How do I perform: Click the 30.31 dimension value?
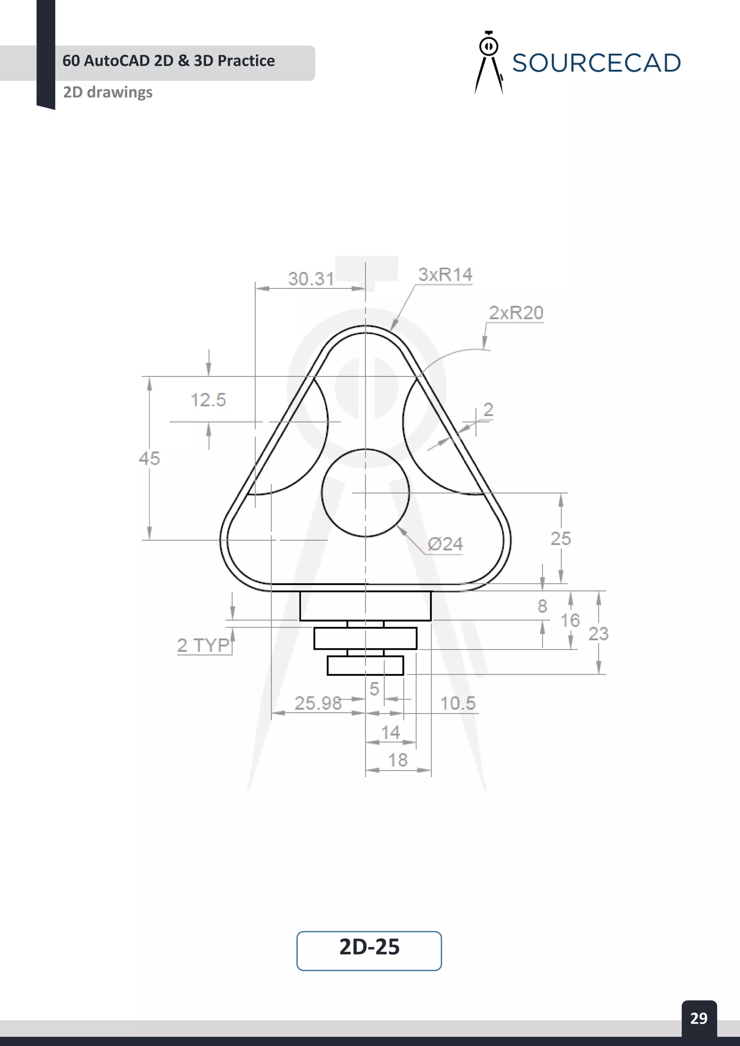point(311,279)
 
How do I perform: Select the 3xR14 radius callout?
point(445,274)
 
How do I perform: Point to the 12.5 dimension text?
point(208,400)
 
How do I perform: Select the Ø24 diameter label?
point(445,544)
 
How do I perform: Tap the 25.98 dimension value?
point(318,703)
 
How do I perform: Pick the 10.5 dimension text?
point(457,703)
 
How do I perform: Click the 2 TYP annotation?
point(203,645)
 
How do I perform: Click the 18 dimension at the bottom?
point(397,760)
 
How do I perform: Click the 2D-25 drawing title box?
point(369,950)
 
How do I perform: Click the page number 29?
point(698,1018)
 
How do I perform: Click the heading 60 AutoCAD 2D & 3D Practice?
point(169,61)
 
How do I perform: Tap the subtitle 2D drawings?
point(108,92)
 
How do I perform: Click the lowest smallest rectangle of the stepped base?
point(365,666)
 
